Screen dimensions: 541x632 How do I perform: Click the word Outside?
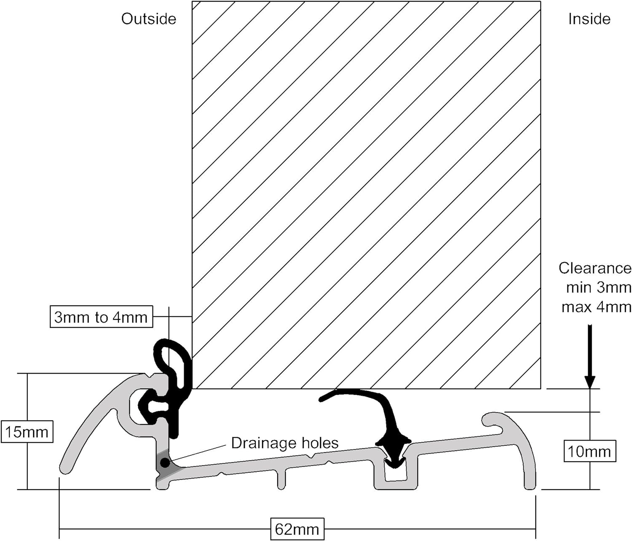point(149,19)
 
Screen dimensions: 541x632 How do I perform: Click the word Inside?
point(589,19)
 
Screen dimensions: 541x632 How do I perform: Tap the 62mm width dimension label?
point(297,529)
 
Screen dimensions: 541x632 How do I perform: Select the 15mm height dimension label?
point(27,432)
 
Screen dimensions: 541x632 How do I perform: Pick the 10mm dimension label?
point(589,452)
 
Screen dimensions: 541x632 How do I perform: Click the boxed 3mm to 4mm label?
point(101,317)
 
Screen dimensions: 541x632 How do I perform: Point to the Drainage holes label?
point(285,443)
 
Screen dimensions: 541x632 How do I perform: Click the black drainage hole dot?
point(165,463)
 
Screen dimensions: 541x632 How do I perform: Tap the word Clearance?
point(595,268)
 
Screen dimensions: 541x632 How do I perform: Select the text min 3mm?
point(598,288)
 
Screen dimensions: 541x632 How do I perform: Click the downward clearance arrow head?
point(590,382)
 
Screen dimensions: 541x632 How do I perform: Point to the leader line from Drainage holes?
point(198,453)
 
